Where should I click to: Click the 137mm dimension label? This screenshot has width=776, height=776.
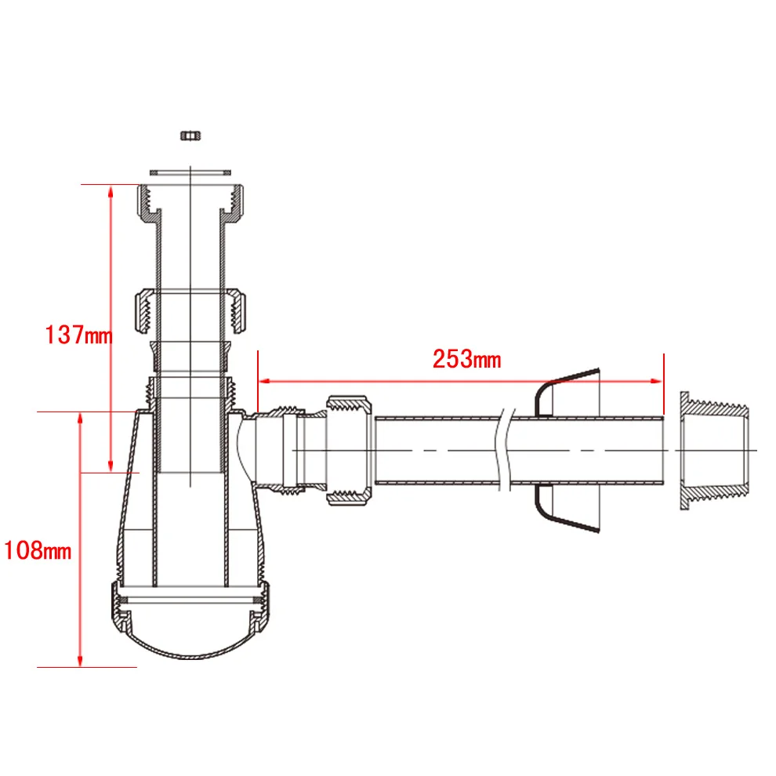point(78,335)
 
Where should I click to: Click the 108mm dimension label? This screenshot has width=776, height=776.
point(38,550)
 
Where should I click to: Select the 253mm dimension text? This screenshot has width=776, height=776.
point(466,359)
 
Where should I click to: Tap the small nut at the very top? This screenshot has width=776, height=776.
point(190,135)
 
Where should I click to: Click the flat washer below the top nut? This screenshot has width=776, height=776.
point(190,172)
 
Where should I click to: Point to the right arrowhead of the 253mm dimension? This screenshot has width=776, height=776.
point(656,381)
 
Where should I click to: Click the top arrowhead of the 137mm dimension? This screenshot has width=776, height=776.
point(111,191)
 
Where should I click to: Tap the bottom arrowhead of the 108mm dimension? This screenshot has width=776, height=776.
point(80,660)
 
